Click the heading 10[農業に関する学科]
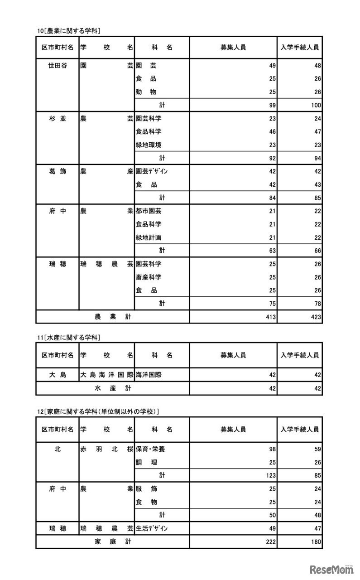[x=69, y=31]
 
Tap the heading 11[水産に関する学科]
[x=69, y=337]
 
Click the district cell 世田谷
[x=58, y=66]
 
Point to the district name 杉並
[x=58, y=119]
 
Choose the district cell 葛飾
[x=58, y=172]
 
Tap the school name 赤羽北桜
[x=106, y=449]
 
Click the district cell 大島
[x=58, y=375]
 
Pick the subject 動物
[x=146, y=92]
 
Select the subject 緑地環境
[x=149, y=145]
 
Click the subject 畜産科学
[x=149, y=277]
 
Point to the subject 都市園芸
[x=149, y=211]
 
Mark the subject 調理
[x=146, y=462]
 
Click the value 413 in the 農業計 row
[x=270, y=317]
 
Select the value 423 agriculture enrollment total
[x=315, y=317]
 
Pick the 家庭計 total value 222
[x=270, y=542]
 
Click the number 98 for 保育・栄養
[x=272, y=449]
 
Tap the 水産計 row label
[x=113, y=388]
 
